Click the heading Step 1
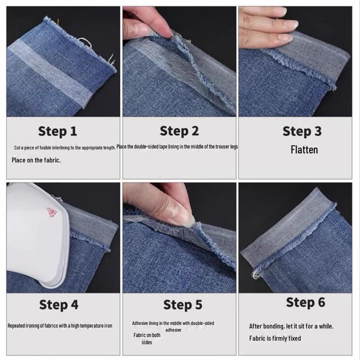click(x=58, y=131)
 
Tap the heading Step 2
click(x=179, y=131)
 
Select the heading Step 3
click(x=302, y=131)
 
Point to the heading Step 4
click(x=59, y=305)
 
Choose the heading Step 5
click(x=183, y=305)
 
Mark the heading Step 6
click(x=306, y=302)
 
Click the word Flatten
click(x=304, y=150)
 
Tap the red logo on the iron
click(x=51, y=212)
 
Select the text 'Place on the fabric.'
click(x=36, y=160)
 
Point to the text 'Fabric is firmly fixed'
click(x=275, y=338)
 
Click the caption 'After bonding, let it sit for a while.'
click(x=291, y=326)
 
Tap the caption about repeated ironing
click(x=60, y=325)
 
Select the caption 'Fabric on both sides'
click(x=147, y=339)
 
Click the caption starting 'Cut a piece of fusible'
click(x=65, y=148)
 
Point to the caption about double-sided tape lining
click(x=177, y=147)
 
